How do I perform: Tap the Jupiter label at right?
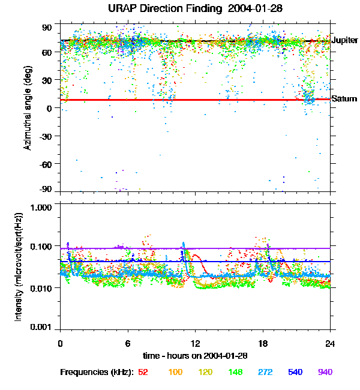pyautogui.click(x=344, y=41)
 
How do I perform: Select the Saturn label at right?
pyautogui.click(x=344, y=99)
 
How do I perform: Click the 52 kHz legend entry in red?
pyautogui.click(x=143, y=372)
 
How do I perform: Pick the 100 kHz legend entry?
pyautogui.click(x=175, y=372)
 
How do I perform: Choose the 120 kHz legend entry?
pyautogui.click(x=205, y=372)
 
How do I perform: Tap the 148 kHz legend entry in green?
pyautogui.click(x=235, y=372)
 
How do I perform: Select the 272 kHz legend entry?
pyautogui.click(x=265, y=372)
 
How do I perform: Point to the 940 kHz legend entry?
pyautogui.click(x=325, y=372)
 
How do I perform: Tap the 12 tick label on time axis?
pyautogui.click(x=195, y=343)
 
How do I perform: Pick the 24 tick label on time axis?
pyautogui.click(x=330, y=343)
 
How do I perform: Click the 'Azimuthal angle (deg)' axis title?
pyautogui.click(x=28, y=108)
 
